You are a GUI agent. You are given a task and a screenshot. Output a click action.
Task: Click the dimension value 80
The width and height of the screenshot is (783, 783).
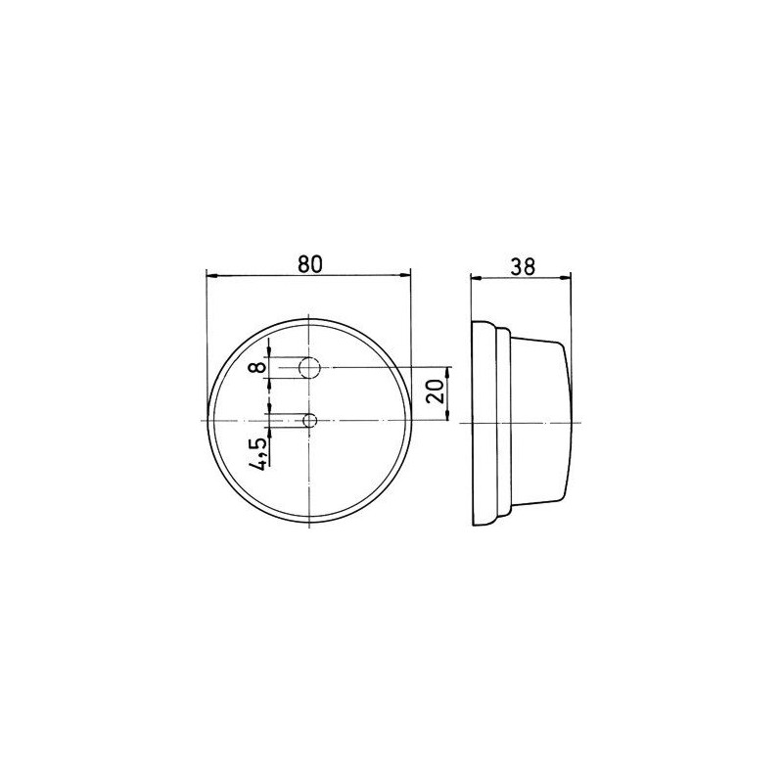pyautogui.click(x=309, y=263)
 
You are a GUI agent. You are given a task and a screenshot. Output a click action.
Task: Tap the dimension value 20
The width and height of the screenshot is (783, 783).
pyautogui.click(x=437, y=393)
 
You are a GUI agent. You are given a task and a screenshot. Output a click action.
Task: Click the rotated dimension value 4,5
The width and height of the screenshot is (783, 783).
pyautogui.click(x=258, y=455)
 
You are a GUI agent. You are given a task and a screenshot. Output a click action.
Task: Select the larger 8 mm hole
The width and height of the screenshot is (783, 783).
pyautogui.click(x=309, y=368)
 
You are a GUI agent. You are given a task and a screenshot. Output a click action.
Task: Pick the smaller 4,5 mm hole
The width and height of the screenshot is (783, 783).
pyautogui.click(x=310, y=421)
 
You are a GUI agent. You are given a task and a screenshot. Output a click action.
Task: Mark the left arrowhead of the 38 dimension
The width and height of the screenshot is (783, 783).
pyautogui.click(x=476, y=276)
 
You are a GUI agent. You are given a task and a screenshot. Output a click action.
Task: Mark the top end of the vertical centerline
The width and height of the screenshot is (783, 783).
pyautogui.click(x=309, y=316)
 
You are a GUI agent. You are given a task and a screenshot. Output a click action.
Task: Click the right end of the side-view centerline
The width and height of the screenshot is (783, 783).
pyautogui.click(x=581, y=421)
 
